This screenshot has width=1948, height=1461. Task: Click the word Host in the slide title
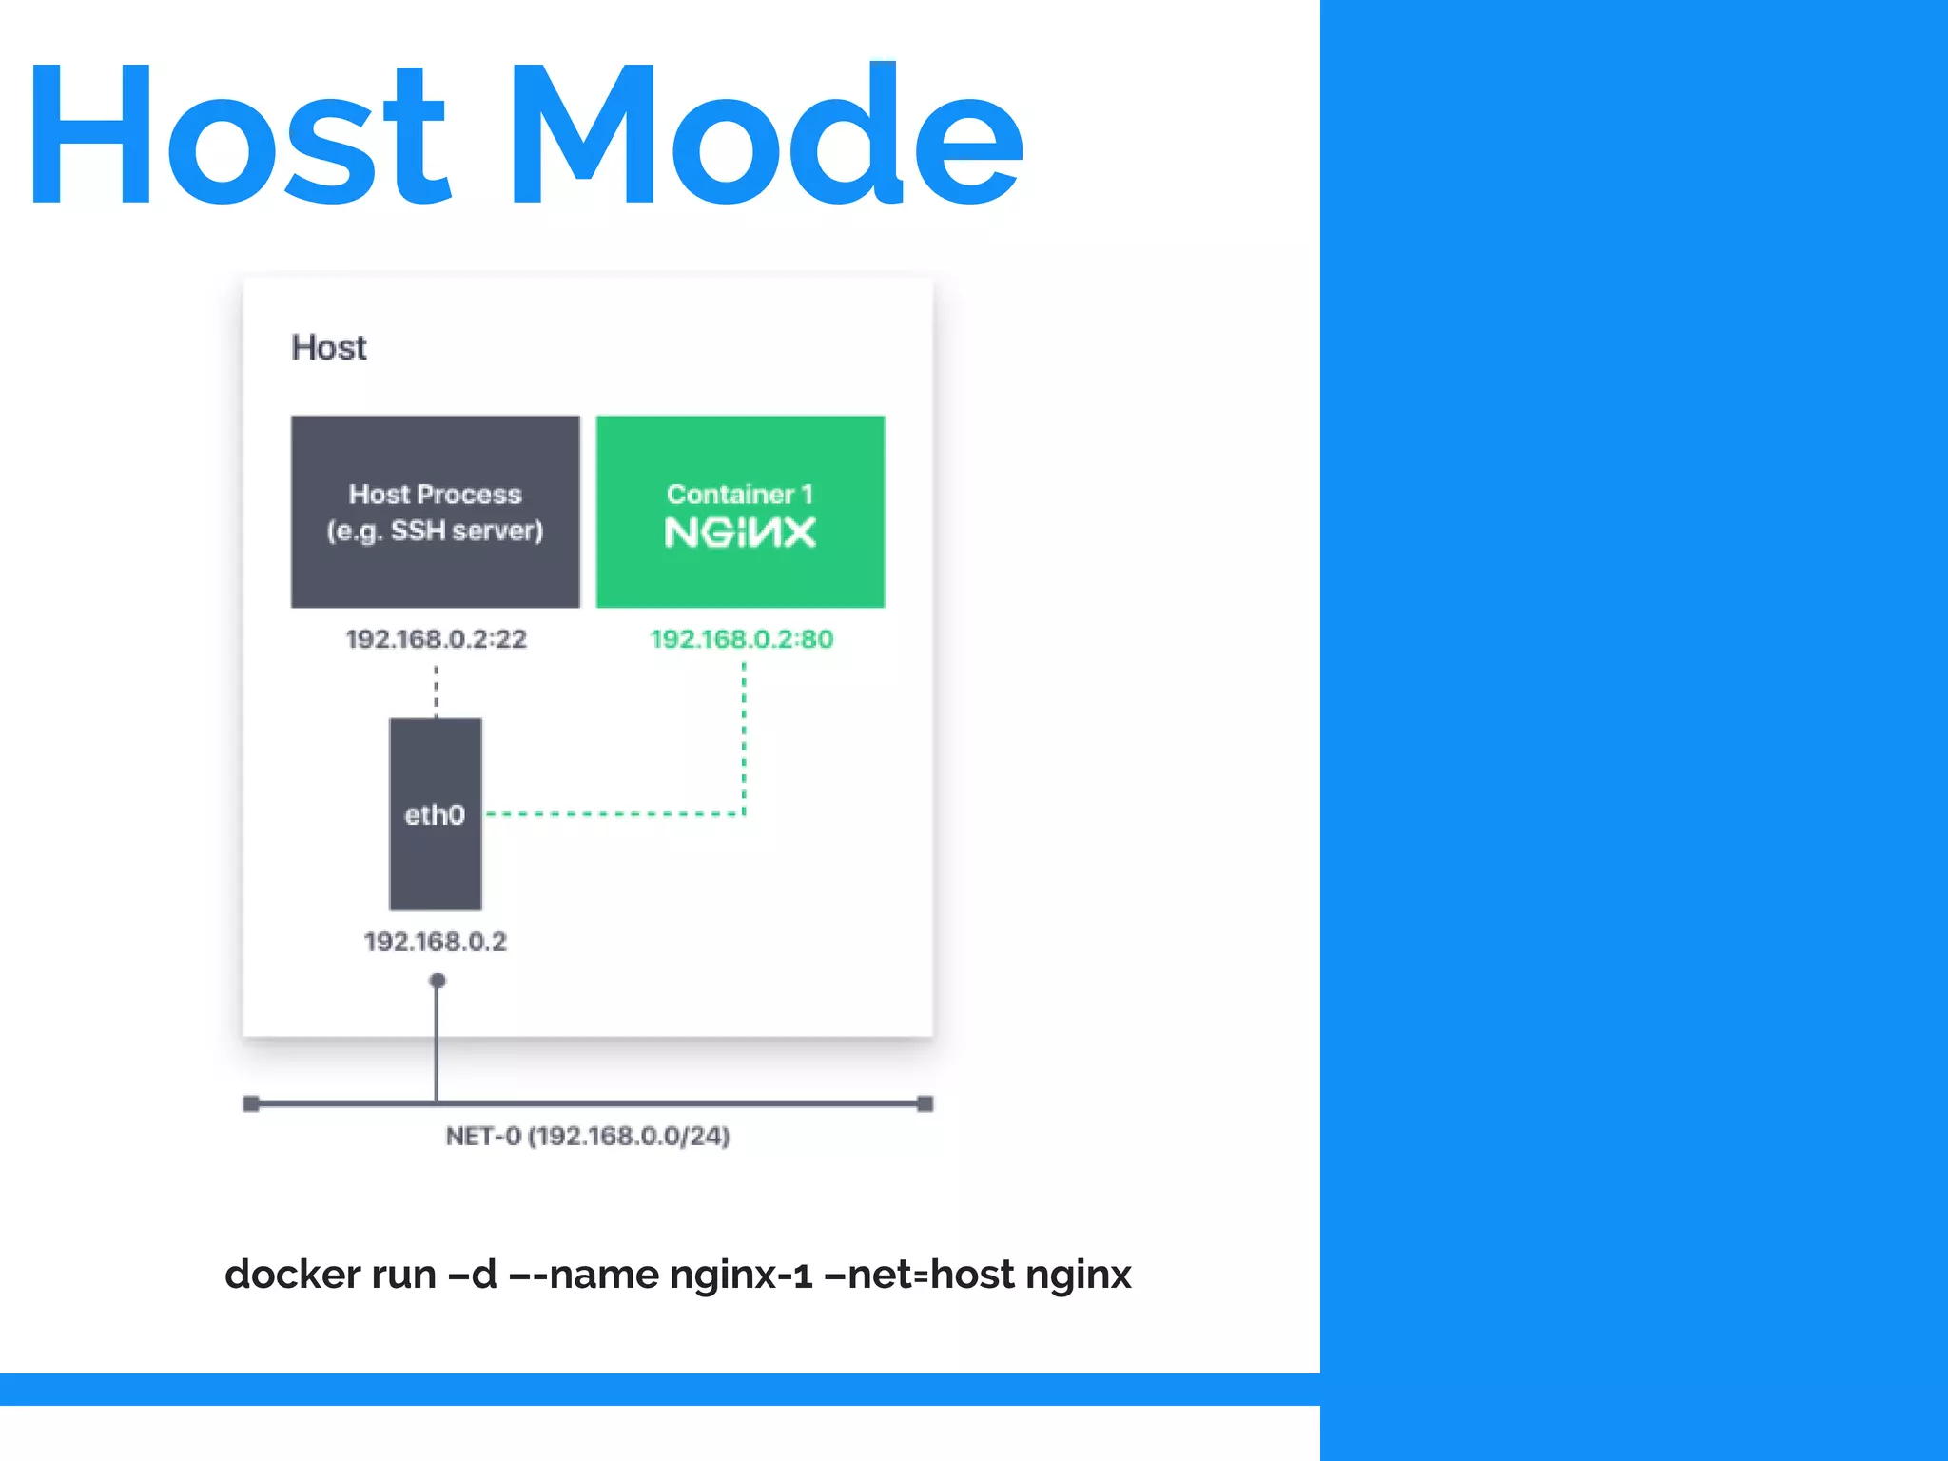[238, 133]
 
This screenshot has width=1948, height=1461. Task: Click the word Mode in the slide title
[767, 133]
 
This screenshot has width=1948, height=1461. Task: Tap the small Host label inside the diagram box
[328, 348]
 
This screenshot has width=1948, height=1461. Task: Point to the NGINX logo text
[740, 534]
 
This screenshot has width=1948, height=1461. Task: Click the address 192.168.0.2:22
[436, 639]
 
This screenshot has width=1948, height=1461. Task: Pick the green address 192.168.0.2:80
[741, 639]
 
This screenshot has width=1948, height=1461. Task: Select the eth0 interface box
[436, 814]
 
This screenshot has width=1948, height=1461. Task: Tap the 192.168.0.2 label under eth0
[436, 942]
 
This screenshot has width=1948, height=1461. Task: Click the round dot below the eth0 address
[438, 981]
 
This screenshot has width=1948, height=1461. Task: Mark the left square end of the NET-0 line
[251, 1103]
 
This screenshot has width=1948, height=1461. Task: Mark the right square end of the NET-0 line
[925, 1103]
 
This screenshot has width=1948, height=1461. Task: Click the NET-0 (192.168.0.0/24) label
[588, 1137]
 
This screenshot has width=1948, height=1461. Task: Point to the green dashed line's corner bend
[744, 814]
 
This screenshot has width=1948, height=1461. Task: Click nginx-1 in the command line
[741, 1275]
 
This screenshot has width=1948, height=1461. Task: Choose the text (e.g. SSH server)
[435, 531]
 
